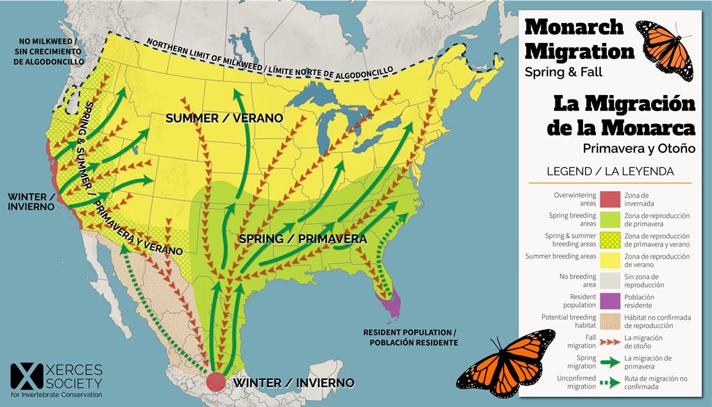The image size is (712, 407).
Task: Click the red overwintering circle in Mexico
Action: [x=216, y=381]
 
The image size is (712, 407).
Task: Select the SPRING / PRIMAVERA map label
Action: [x=302, y=239]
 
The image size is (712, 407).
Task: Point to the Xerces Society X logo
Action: [x=24, y=379]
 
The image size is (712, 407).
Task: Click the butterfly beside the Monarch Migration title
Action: [x=665, y=49]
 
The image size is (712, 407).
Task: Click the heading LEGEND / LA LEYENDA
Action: [x=609, y=171]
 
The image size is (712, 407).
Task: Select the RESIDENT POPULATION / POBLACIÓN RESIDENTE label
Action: [x=411, y=338]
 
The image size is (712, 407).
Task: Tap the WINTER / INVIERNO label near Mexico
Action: [x=294, y=383]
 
